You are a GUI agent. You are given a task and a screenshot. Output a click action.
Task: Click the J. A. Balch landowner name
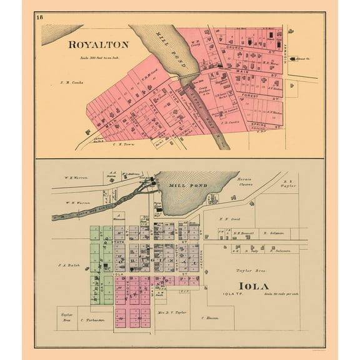coord(67,264)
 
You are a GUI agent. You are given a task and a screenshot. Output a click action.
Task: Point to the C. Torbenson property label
coord(94,319)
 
